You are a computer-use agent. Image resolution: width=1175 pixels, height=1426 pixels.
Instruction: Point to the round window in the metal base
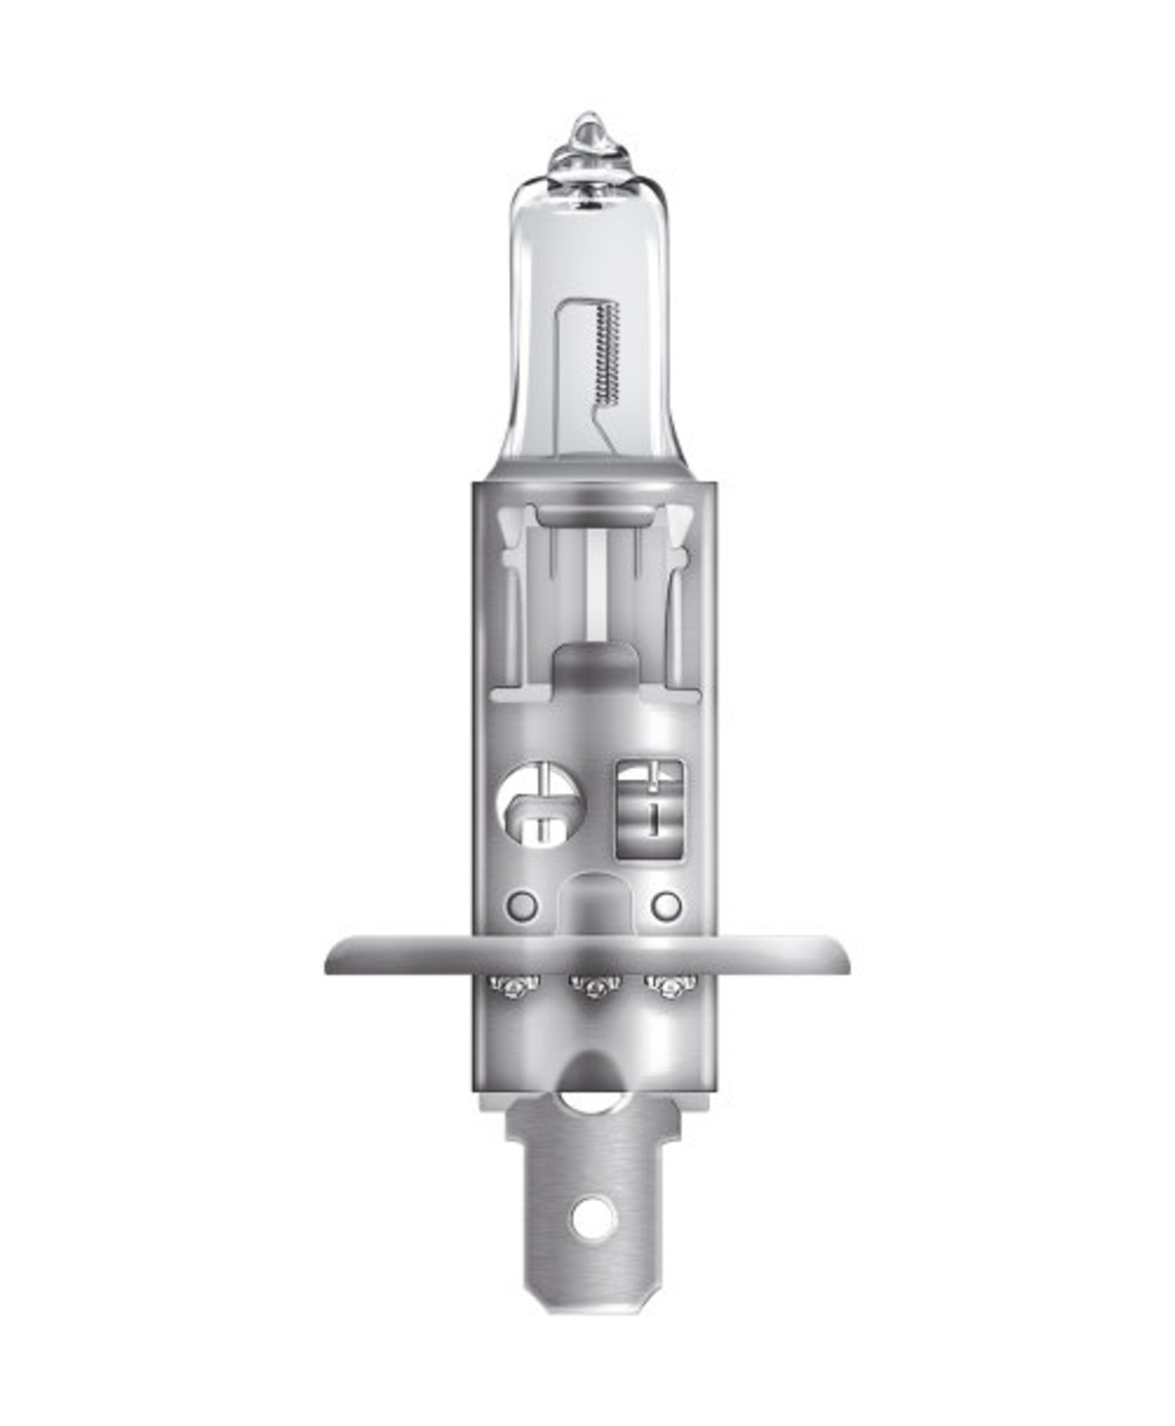point(540,807)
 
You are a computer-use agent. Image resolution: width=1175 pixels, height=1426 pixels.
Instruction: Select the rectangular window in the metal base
point(651,807)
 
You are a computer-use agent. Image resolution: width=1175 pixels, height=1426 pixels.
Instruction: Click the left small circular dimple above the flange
point(522,904)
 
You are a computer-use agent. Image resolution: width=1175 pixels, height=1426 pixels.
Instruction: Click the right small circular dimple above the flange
point(666,904)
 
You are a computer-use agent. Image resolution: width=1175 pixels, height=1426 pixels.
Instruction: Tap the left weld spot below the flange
point(514,986)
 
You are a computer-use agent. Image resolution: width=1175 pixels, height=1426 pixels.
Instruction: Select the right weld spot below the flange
point(670,986)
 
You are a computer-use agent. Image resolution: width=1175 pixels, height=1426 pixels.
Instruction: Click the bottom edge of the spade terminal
point(589,1309)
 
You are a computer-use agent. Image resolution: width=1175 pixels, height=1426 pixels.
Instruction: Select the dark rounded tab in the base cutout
point(594,665)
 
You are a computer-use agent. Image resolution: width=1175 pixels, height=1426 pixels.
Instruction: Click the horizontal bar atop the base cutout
point(594,514)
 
